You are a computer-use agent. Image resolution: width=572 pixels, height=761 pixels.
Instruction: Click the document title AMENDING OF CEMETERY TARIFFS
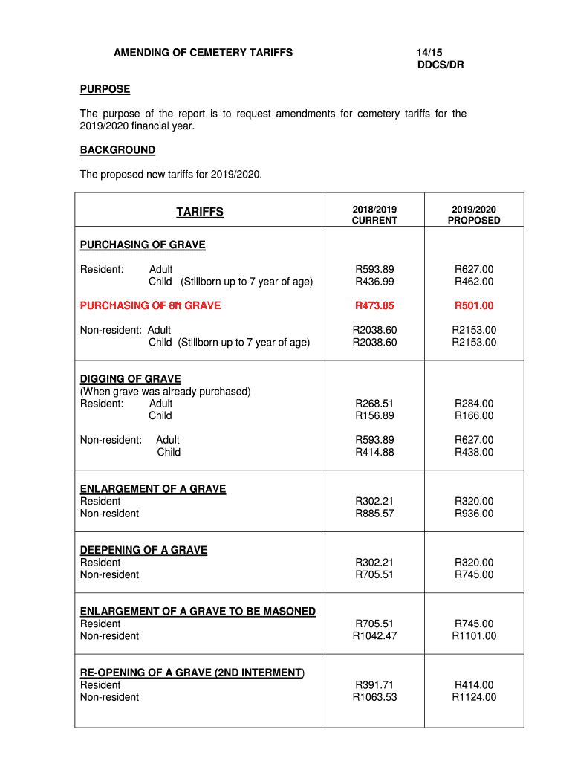[x=203, y=53]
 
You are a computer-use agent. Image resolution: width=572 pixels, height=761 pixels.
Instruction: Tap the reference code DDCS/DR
[x=441, y=65]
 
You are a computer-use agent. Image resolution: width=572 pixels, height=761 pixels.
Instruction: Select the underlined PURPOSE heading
[x=105, y=89]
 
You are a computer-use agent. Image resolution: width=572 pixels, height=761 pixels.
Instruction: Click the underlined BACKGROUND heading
[x=117, y=150]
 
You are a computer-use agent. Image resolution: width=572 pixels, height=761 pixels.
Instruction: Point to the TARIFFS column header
[x=199, y=213]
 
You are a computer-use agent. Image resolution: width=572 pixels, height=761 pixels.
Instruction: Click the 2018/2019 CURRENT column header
[x=374, y=215]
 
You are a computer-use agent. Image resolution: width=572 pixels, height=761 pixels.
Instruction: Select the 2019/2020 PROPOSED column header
[x=473, y=215]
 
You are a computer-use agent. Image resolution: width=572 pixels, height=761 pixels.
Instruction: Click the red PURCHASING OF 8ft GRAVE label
[x=150, y=305]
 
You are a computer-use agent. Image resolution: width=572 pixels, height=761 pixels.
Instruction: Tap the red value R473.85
[x=374, y=305]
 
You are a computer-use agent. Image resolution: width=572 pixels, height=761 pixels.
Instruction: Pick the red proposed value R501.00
[x=474, y=305]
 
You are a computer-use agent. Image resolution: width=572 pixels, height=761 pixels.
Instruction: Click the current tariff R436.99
[x=374, y=282]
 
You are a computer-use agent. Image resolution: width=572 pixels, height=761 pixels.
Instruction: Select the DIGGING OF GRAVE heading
[x=130, y=379]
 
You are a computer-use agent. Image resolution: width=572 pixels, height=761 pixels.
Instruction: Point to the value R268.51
[x=374, y=404]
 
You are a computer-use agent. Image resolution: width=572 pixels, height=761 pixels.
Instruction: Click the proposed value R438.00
[x=474, y=452]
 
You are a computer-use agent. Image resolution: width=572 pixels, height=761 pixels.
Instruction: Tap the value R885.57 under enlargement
[x=374, y=514]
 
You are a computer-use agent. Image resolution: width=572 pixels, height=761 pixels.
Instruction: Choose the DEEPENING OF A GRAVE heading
[x=143, y=550]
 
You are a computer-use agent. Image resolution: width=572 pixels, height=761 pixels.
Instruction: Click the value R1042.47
[x=374, y=635]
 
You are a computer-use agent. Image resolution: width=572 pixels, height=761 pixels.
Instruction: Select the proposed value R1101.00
[x=474, y=635]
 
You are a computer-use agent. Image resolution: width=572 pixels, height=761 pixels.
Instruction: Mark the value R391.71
[x=374, y=684]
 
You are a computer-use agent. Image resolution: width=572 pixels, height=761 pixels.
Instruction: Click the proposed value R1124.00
[x=474, y=697]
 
